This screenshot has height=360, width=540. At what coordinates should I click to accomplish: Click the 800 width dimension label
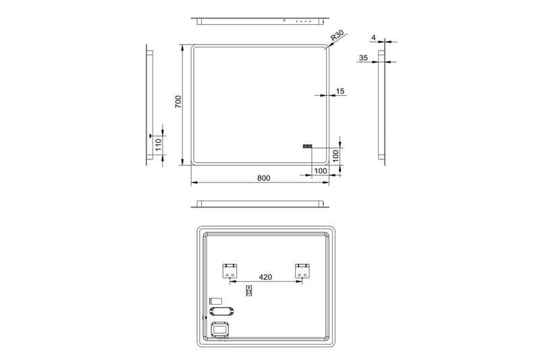click(263, 178)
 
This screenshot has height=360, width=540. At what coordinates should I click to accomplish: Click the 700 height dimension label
click(178, 102)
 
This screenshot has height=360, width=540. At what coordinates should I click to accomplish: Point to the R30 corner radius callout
click(337, 38)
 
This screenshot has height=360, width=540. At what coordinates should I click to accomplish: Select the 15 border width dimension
click(340, 91)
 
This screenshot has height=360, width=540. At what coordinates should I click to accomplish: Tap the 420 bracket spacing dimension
click(265, 277)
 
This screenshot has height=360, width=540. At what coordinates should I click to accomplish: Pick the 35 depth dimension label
click(364, 58)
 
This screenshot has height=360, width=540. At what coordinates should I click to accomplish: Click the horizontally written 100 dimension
click(320, 171)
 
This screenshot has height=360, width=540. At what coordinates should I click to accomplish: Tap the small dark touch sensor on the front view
click(307, 145)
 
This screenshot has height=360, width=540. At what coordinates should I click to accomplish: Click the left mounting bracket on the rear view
click(230, 272)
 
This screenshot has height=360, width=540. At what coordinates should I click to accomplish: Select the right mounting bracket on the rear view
click(302, 272)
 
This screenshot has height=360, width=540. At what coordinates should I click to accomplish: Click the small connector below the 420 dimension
click(249, 290)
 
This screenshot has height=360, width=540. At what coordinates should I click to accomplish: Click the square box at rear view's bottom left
click(220, 329)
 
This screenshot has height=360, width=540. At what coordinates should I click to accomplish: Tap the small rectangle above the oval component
click(215, 300)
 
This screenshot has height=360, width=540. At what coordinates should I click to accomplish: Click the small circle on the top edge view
click(285, 21)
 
